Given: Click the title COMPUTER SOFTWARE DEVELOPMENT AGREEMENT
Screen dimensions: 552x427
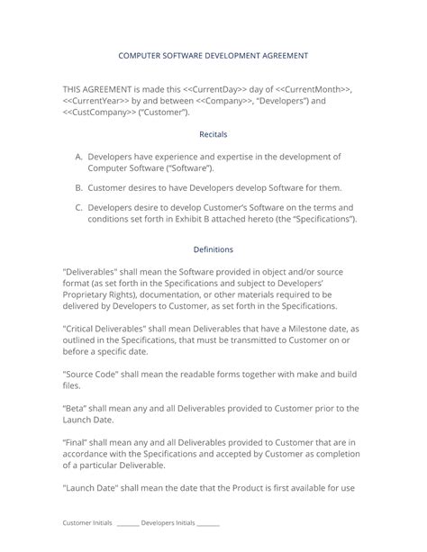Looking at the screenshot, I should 213,56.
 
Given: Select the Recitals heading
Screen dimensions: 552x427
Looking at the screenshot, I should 213,133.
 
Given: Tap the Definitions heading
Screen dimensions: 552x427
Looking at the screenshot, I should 213,249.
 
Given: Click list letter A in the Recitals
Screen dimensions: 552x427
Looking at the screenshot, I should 79,157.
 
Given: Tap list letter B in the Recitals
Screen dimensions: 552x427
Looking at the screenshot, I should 79,187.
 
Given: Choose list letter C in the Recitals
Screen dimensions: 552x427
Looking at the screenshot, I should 79,207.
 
